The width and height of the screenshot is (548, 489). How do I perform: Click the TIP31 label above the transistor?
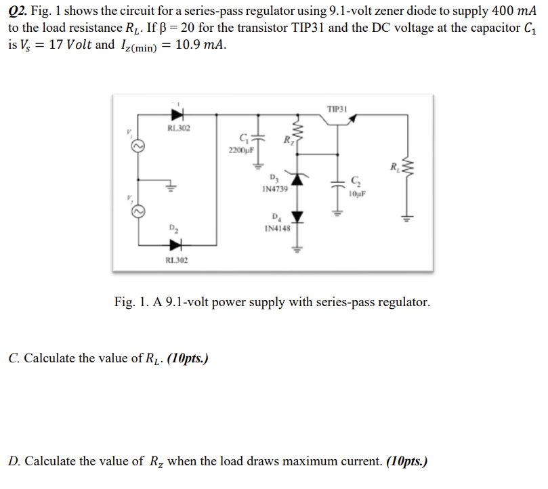coord(337,109)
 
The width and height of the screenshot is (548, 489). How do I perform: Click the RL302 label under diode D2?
coord(177,260)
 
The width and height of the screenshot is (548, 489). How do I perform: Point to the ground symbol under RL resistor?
coord(407,218)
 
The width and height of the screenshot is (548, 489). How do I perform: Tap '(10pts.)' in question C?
coord(184,358)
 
